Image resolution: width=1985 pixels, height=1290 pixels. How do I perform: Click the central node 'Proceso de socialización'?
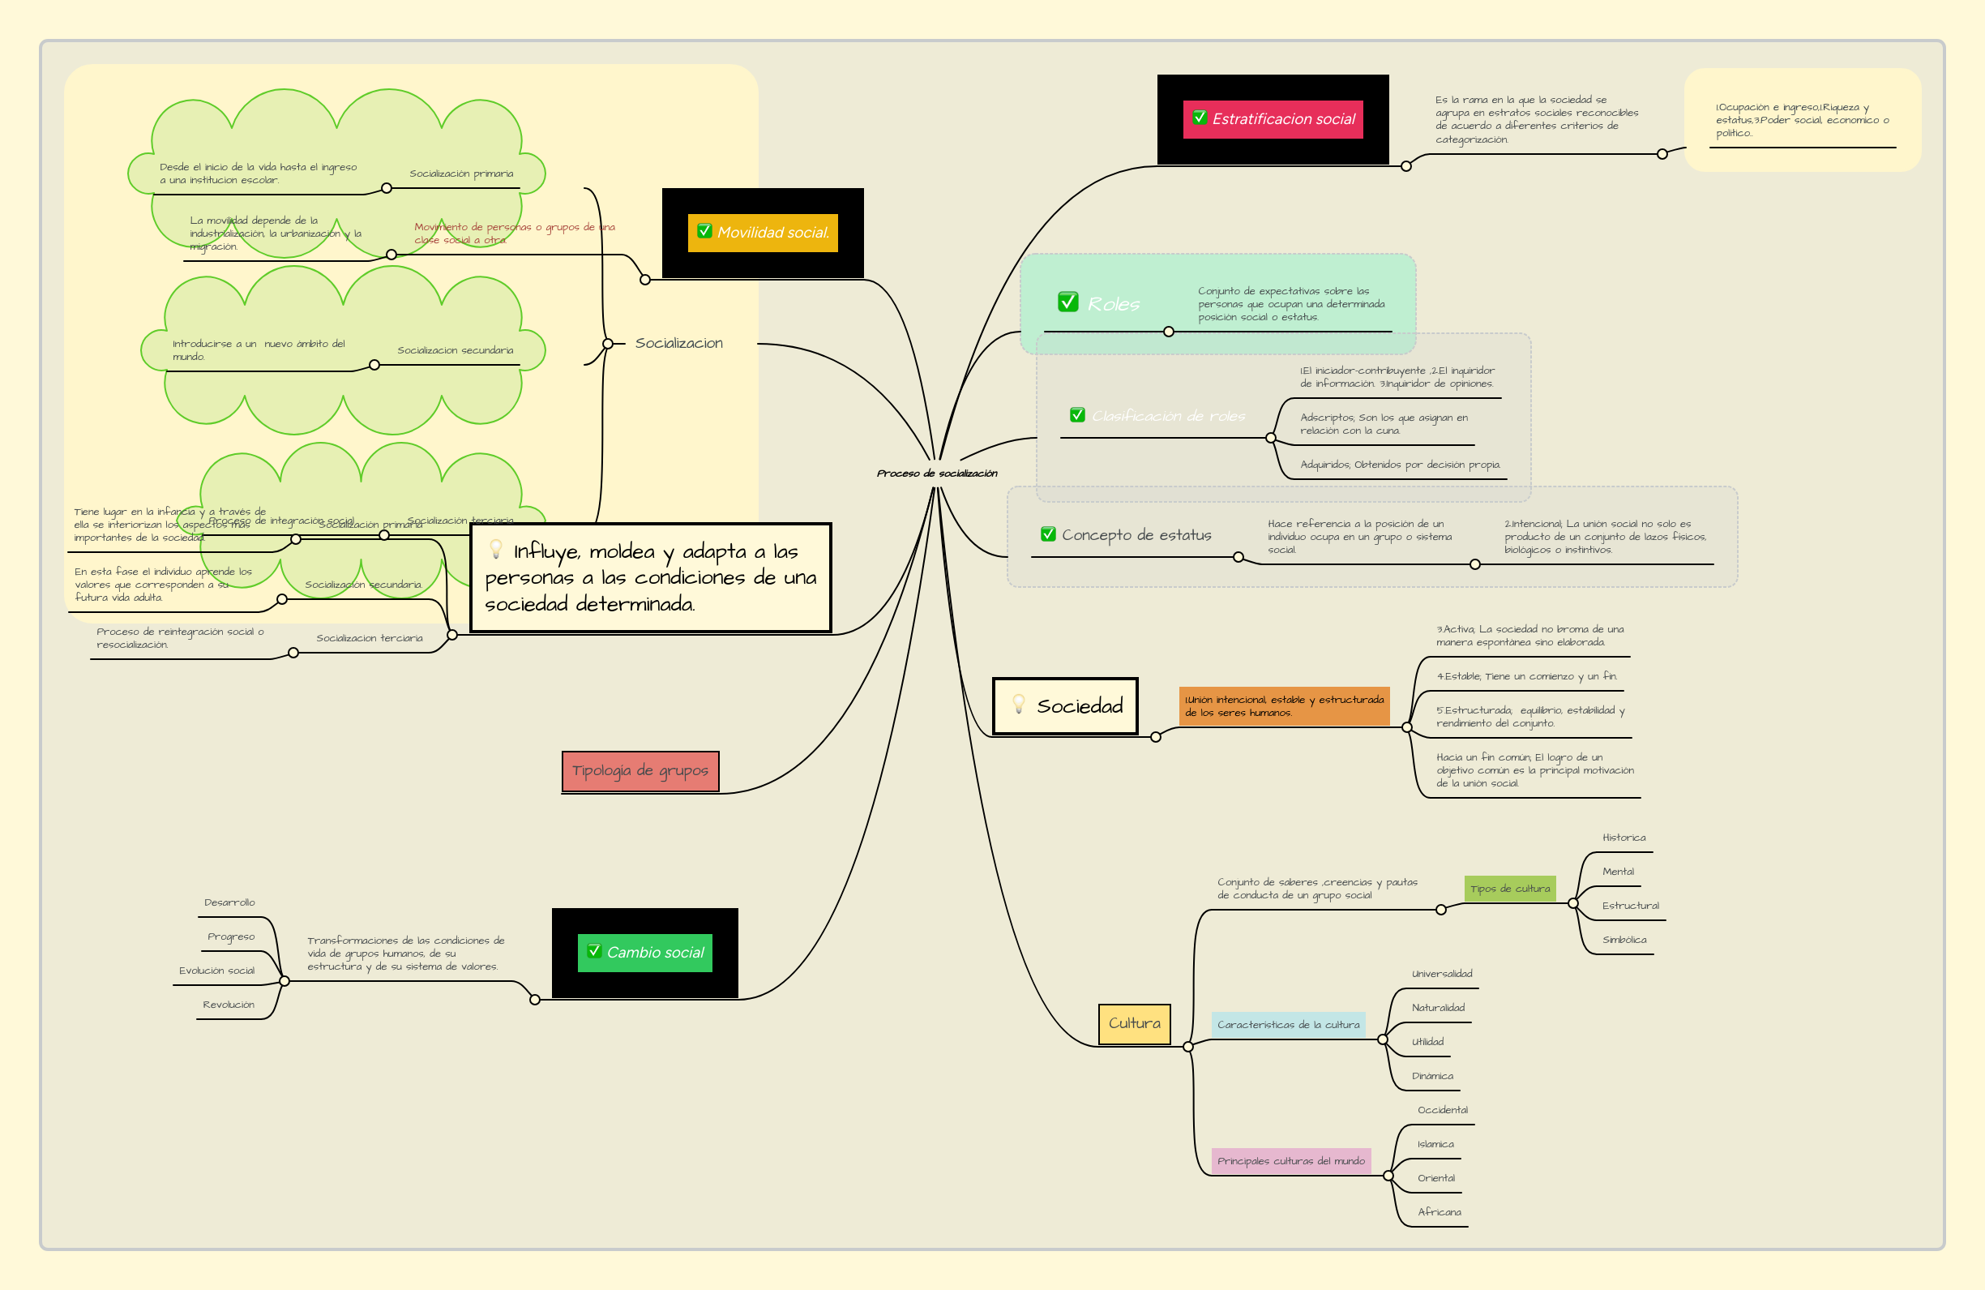[937, 474]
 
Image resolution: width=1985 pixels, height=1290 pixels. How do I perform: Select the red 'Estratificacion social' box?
[1273, 119]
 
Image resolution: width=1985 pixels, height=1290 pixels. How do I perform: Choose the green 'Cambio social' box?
[644, 952]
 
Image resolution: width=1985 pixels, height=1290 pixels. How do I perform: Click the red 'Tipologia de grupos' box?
[640, 771]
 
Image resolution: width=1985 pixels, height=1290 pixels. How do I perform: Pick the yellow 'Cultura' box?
[1134, 1024]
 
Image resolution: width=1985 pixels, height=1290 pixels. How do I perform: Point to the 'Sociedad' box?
[1065, 706]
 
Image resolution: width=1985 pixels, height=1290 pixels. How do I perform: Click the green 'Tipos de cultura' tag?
[1509, 889]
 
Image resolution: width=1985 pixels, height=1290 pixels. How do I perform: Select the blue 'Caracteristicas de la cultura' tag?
[1288, 1025]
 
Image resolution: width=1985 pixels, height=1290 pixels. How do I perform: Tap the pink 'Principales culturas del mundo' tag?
[1290, 1160]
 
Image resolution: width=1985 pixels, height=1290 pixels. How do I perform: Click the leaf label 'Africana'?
[1439, 1212]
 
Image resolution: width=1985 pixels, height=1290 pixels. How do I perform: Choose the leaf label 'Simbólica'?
[1624, 940]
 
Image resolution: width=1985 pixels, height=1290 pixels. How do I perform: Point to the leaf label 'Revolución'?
[229, 1005]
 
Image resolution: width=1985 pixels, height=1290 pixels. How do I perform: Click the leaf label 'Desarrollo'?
[229, 902]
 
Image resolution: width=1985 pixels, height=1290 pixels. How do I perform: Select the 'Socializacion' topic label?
[679, 343]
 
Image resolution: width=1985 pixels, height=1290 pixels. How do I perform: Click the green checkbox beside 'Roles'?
[1067, 302]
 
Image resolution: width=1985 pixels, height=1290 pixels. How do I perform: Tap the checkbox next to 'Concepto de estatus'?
[1048, 534]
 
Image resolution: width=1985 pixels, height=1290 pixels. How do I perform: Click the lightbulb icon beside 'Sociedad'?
[1018, 705]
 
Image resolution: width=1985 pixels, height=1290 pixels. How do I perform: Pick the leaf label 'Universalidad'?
[1441, 974]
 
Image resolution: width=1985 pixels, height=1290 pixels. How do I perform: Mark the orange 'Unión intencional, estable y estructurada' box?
[1284, 706]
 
